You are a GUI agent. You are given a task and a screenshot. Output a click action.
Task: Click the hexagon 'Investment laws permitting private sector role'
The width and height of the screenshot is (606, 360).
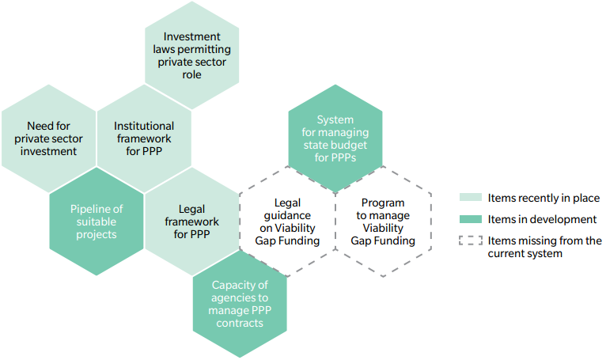[x=191, y=55]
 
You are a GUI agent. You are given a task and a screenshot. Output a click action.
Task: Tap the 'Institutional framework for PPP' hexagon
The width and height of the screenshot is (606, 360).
[x=144, y=138]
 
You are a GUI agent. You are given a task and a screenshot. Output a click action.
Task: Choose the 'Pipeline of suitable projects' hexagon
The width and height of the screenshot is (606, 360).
[x=97, y=222]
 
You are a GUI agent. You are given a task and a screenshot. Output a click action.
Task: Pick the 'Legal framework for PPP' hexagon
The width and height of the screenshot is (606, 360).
[x=191, y=222]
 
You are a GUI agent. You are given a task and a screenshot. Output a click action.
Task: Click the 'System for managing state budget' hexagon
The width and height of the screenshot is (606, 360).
[x=335, y=138]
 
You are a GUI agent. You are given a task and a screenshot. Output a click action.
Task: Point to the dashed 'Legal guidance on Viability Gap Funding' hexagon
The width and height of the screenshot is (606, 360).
[x=288, y=222]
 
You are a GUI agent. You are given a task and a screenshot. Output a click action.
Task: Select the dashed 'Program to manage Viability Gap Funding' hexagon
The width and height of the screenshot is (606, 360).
[x=383, y=222]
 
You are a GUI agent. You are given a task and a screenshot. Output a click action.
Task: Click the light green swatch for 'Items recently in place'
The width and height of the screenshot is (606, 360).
[x=471, y=198]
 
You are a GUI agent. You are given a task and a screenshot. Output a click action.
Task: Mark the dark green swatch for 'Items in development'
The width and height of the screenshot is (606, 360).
[x=471, y=219]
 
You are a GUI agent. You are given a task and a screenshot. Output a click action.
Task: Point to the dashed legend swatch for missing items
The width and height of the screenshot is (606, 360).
[x=471, y=241]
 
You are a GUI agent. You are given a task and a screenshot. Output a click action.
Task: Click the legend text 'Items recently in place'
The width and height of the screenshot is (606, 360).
[x=544, y=198]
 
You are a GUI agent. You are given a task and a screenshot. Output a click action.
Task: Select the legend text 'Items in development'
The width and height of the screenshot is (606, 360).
[x=542, y=219]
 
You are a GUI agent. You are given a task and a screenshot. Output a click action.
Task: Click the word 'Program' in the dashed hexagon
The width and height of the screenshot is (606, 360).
[x=383, y=203]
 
